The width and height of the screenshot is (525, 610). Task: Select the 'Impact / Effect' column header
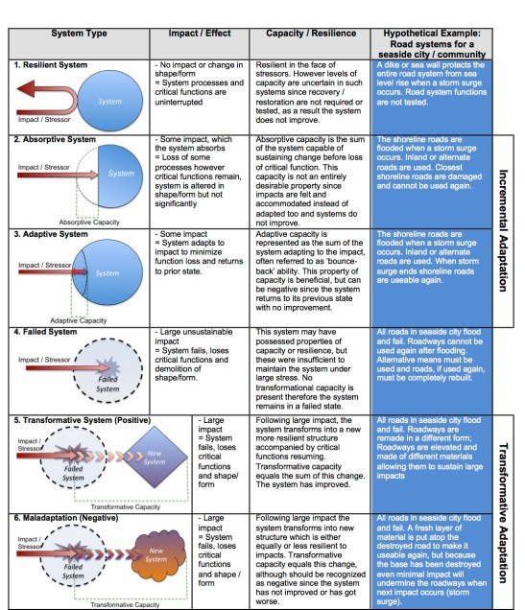tap(197, 33)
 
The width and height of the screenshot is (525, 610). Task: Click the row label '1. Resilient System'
tap(51, 64)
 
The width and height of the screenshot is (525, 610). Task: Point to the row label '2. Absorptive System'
tap(55, 139)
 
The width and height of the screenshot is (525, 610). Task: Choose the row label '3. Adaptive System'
tap(51, 233)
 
